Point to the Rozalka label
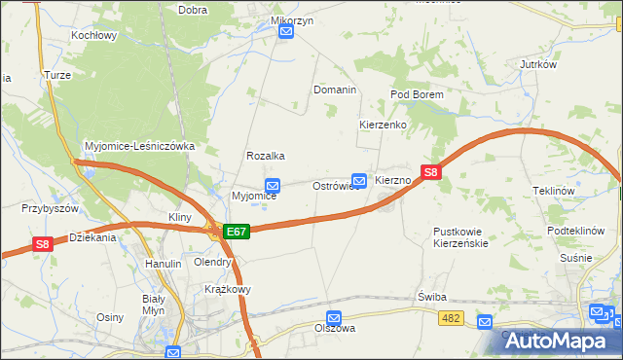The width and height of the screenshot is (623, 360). coord(265,156)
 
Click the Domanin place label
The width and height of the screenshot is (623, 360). coord(334,90)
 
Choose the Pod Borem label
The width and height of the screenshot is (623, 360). coord(417,94)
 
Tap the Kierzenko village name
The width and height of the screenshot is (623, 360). coord(383,126)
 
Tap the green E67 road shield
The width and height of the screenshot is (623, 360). coord(237,232)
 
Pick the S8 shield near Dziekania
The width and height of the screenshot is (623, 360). coord(41,244)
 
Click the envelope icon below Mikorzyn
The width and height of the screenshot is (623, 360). coord(286,32)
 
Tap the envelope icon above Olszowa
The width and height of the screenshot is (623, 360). coord(335,317)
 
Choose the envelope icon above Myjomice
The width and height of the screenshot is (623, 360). coord(274,185)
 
